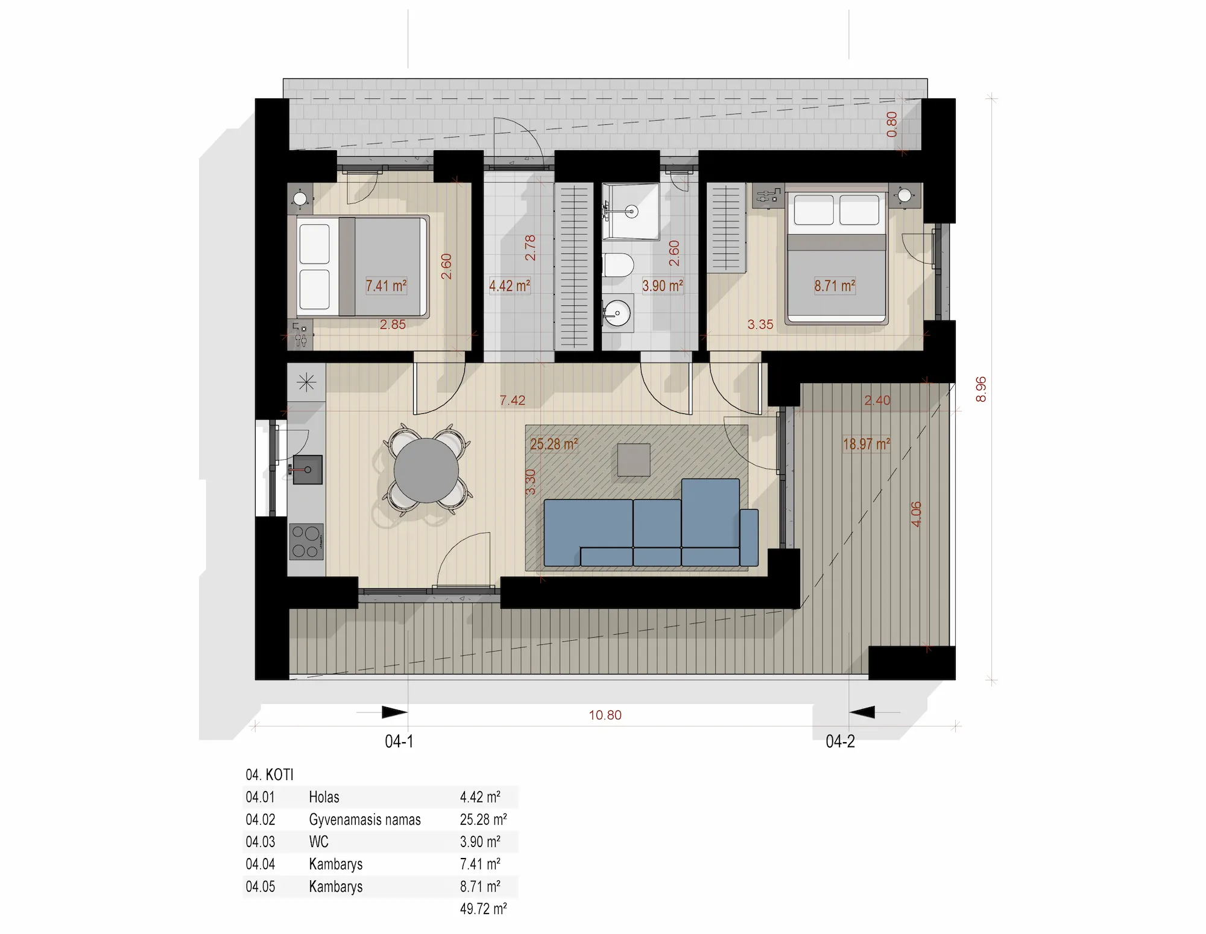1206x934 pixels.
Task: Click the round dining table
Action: [426, 471]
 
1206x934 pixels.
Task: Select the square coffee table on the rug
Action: [634, 460]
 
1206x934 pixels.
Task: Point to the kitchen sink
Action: [308, 470]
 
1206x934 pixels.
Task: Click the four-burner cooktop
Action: [306, 542]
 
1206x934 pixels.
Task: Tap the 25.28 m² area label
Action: [554, 445]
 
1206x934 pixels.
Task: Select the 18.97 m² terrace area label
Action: [867, 445]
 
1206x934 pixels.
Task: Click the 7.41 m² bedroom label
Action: [386, 285]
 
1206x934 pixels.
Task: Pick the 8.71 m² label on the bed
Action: [835, 285]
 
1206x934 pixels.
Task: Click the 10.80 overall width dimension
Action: [605, 715]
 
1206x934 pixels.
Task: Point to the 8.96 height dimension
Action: [981, 389]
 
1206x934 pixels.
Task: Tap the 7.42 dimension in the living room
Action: [513, 400]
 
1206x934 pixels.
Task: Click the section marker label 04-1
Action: [399, 742]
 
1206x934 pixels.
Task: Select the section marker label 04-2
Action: [841, 742]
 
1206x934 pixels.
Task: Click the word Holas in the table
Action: [324, 797]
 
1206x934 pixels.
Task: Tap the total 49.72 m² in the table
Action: [483, 909]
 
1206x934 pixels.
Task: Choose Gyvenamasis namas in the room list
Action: [365, 819]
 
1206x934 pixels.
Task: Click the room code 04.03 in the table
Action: [260, 842]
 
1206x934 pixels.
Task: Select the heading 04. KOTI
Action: [270, 775]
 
